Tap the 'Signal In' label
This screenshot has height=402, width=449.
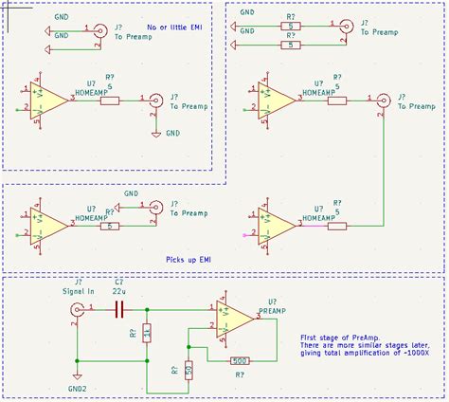click(78, 293)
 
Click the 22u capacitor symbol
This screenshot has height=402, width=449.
click(120, 309)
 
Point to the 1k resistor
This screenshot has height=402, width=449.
click(147, 334)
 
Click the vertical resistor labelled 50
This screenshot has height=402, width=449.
click(189, 369)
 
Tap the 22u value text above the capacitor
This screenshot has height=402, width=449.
click(120, 292)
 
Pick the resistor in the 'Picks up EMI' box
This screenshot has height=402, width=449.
click(112, 226)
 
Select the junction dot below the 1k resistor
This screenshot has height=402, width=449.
click(147, 359)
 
